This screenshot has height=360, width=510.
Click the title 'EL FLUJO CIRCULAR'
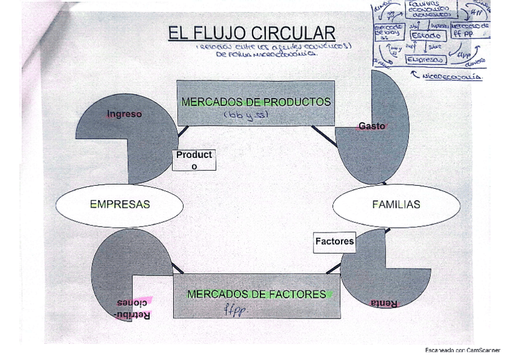(x=251, y=33)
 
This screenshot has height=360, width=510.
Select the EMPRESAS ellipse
(x=120, y=204)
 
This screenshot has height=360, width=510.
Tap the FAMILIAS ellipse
(x=396, y=204)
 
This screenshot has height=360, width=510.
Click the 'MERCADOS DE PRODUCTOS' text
(x=256, y=102)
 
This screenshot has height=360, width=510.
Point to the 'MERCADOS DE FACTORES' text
(x=256, y=294)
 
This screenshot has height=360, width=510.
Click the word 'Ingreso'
(x=124, y=114)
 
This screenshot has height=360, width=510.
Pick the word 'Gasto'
(x=371, y=126)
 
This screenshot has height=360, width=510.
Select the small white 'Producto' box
(x=194, y=160)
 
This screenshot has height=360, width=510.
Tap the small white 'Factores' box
(x=334, y=242)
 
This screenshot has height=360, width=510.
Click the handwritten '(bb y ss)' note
(x=245, y=114)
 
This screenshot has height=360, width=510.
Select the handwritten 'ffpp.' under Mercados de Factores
(x=235, y=310)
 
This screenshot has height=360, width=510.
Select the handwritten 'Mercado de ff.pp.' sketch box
(x=469, y=30)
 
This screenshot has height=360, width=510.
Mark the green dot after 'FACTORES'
(x=330, y=294)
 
